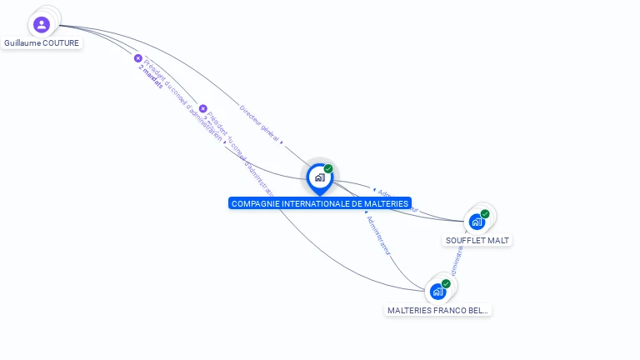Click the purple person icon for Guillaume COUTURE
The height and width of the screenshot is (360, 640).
(x=42, y=25)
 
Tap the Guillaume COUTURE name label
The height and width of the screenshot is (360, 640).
(x=42, y=42)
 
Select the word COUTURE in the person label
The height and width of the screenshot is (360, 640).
(x=60, y=42)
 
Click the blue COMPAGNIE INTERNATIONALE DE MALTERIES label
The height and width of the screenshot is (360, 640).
(x=319, y=203)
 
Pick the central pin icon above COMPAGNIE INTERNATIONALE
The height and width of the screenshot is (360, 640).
(x=319, y=177)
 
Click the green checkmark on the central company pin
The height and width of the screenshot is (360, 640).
(x=328, y=169)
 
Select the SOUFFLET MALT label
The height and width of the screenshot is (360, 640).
(x=477, y=240)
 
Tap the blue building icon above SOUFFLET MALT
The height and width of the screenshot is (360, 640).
(x=476, y=222)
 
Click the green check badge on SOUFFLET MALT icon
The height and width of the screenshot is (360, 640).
(x=485, y=214)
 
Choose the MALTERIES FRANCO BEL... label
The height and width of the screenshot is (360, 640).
(x=438, y=310)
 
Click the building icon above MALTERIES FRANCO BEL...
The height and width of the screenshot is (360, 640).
(x=437, y=292)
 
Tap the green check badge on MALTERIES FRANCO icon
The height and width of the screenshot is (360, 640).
(x=446, y=284)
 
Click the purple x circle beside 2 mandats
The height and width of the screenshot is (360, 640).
(x=138, y=58)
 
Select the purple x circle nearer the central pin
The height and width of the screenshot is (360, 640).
(x=202, y=108)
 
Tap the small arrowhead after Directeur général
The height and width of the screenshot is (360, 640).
(x=282, y=142)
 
